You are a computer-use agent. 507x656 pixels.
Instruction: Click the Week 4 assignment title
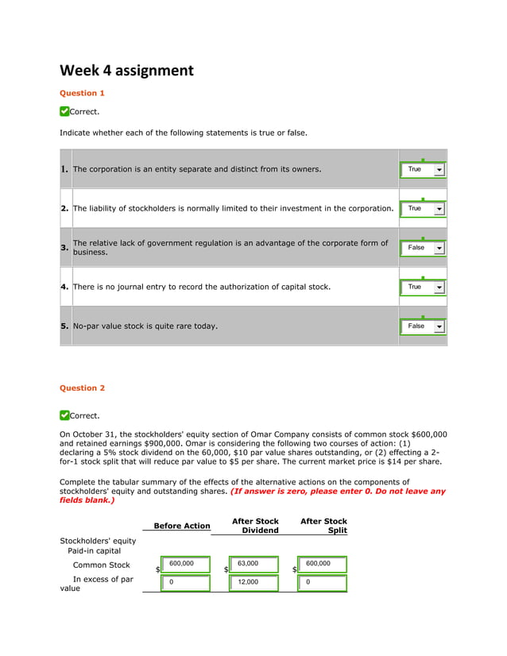pyautogui.click(x=126, y=71)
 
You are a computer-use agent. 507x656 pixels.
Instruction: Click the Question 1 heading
pyautogui.click(x=83, y=93)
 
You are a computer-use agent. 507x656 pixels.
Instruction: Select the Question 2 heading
pyautogui.click(x=83, y=388)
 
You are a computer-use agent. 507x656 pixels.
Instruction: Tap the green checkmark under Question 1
pyautogui.click(x=64, y=111)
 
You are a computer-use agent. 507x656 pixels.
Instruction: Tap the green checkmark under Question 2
pyautogui.click(x=64, y=415)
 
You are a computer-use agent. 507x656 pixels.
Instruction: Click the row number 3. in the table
pyautogui.click(x=65, y=248)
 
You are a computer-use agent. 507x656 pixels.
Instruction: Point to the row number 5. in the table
pyautogui.click(x=65, y=326)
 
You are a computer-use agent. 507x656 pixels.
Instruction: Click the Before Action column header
pyautogui.click(x=182, y=526)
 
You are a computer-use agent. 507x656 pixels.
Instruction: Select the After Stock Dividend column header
pyautogui.click(x=255, y=526)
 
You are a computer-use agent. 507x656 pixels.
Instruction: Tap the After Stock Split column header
pyautogui.click(x=323, y=526)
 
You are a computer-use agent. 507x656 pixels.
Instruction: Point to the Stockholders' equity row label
pyautogui.click(x=98, y=541)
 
